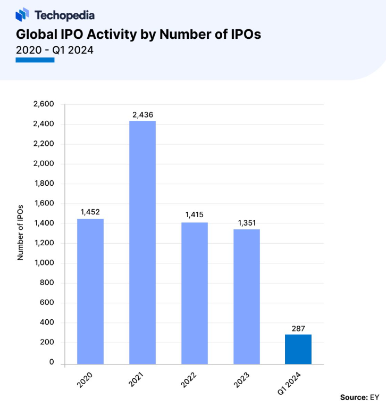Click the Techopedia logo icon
point(23,14)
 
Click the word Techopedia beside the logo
point(64,15)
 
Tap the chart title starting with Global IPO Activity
point(138,35)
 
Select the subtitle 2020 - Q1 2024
point(55,51)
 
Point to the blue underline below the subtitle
point(35,60)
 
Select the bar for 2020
point(90,292)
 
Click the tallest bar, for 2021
point(142,243)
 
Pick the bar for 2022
point(195,293)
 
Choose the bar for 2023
point(247,296)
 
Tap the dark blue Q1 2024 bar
point(298,350)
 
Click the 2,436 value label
point(142,114)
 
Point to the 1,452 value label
point(90,212)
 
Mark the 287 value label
point(298,328)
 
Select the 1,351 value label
point(247,222)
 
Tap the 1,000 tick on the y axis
point(44,263)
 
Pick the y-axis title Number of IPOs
point(20,232)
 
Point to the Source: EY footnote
point(360,397)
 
